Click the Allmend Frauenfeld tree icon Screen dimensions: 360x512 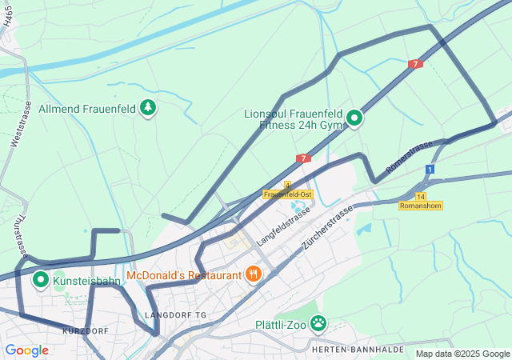pos(147,107)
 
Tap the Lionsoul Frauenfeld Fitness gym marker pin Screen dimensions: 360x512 pos(354,120)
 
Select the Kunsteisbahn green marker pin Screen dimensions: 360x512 pos(41,281)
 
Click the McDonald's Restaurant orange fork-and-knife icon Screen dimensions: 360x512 pos(254,275)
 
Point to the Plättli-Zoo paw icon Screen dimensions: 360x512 pos(318,324)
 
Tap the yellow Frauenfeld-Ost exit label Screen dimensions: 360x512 pos(287,194)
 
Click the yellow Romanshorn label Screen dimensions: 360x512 pos(420,206)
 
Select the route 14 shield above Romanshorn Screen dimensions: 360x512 pos(421,196)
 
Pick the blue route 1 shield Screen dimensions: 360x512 pos(430,170)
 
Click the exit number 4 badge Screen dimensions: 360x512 pos(287,185)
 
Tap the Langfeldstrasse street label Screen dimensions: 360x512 pos(283,225)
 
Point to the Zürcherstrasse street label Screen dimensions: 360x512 pos(327,226)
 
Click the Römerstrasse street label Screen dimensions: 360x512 pos(409,157)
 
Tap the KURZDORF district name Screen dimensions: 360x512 pos(85,330)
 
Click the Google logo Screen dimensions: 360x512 pos(26,350)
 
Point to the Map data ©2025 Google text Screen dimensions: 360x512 pos(462,354)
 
